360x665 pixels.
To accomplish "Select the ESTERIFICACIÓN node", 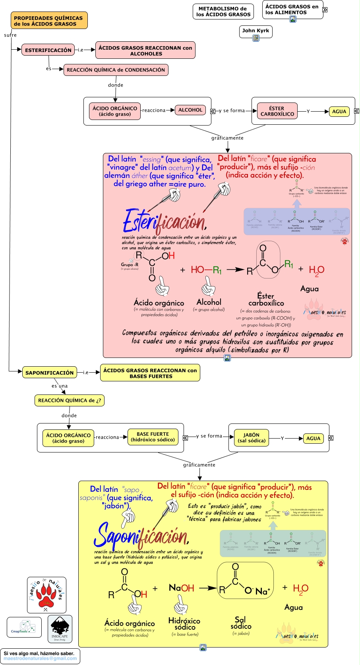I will click(x=48, y=50).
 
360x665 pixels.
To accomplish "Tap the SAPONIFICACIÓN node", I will click(x=49, y=373).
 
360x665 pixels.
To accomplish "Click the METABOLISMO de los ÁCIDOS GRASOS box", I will click(x=223, y=12).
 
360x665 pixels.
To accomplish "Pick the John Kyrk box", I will click(x=255, y=31).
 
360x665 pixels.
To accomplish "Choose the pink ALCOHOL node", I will click(x=190, y=110).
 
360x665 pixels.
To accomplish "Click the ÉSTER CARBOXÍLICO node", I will click(x=277, y=111).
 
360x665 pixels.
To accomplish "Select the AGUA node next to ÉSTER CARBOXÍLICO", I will click(x=339, y=112).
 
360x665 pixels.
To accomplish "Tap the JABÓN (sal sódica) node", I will click(x=251, y=438).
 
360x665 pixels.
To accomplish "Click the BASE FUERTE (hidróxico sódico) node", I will click(x=153, y=437).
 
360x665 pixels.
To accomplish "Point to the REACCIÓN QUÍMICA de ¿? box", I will click(x=70, y=400).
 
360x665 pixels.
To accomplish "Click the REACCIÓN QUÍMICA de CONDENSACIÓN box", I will click(x=116, y=70).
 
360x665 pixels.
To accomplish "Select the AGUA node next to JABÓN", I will click(x=313, y=439).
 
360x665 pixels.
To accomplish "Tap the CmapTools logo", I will click(x=24, y=627).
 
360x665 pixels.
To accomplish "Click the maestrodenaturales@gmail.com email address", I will click(x=40, y=658).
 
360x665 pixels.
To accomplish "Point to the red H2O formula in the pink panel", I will click(x=316, y=271).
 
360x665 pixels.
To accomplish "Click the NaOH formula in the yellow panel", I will click(x=181, y=588).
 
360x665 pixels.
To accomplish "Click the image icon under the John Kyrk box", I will click(x=256, y=38).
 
